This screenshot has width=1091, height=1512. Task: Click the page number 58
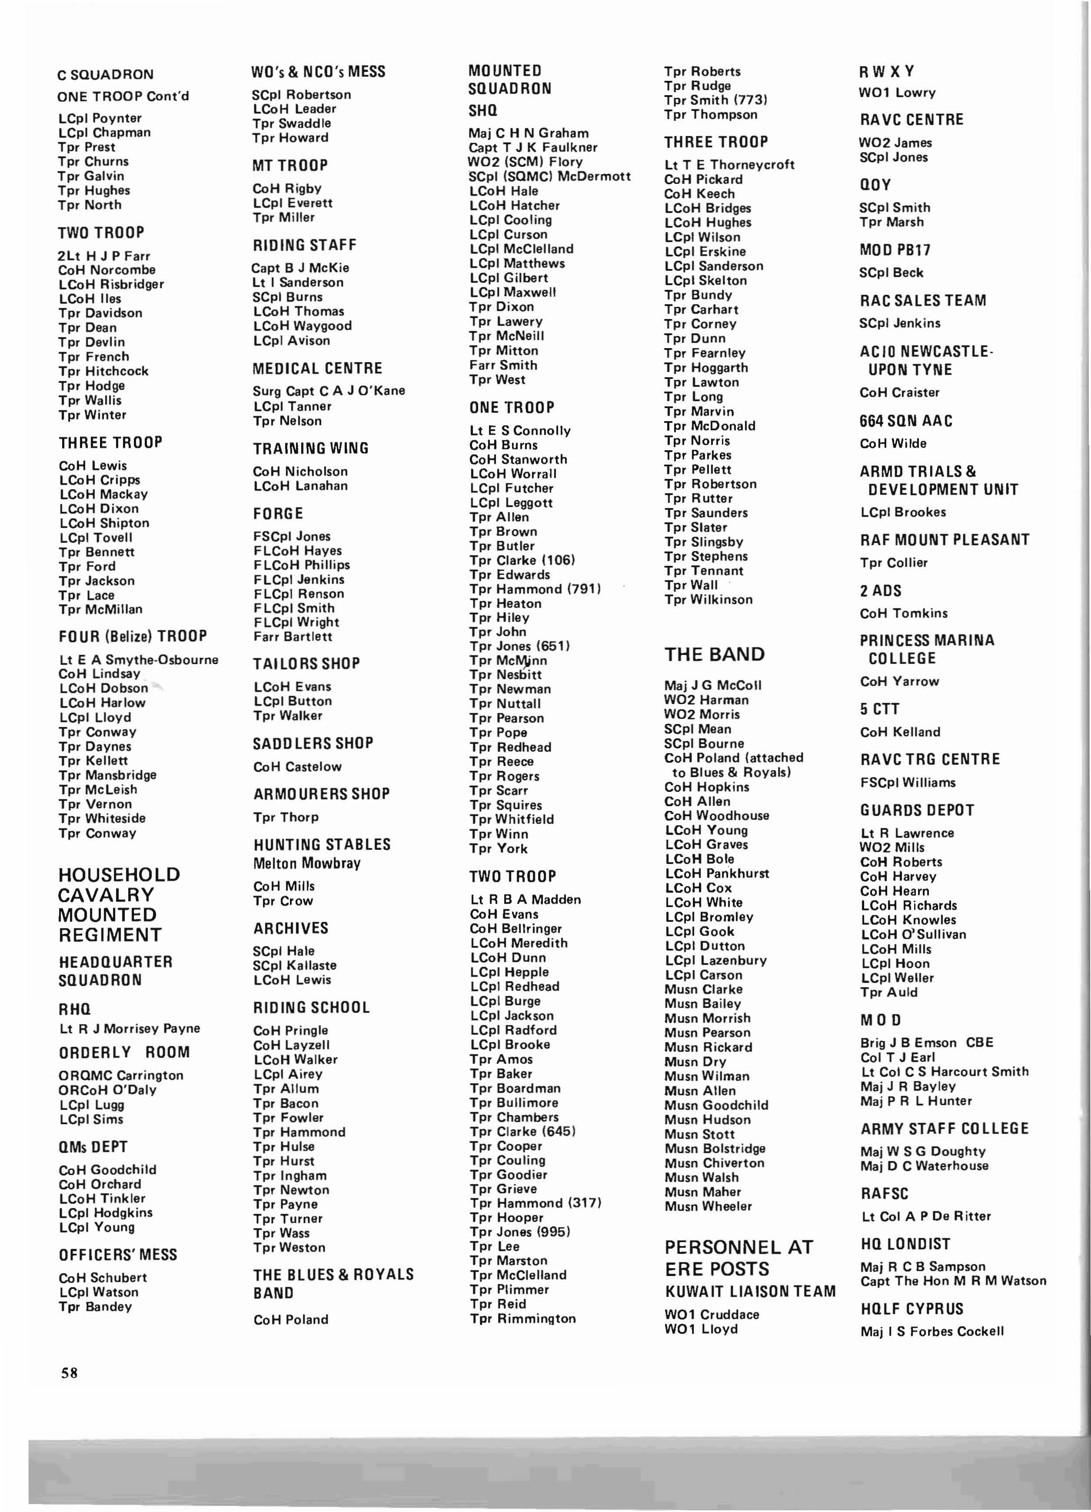coord(70,1372)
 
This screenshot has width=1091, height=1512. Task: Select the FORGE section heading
coord(278,513)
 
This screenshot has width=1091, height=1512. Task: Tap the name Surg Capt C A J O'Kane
coord(329,391)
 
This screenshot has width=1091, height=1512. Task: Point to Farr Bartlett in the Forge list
coord(293,637)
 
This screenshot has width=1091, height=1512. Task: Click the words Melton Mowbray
coord(307,863)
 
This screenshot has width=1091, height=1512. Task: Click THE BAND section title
coord(714,654)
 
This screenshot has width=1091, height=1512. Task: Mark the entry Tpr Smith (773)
coord(715,100)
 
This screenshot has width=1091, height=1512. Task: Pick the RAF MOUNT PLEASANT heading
coord(944,539)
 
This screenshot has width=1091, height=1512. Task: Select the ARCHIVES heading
coord(291,928)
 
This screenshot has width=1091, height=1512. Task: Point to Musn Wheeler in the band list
coord(708,1206)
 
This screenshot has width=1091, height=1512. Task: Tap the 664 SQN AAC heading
coord(905,421)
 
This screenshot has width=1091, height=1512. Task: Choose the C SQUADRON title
coord(105,74)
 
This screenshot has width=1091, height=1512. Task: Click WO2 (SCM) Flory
coord(526,161)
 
